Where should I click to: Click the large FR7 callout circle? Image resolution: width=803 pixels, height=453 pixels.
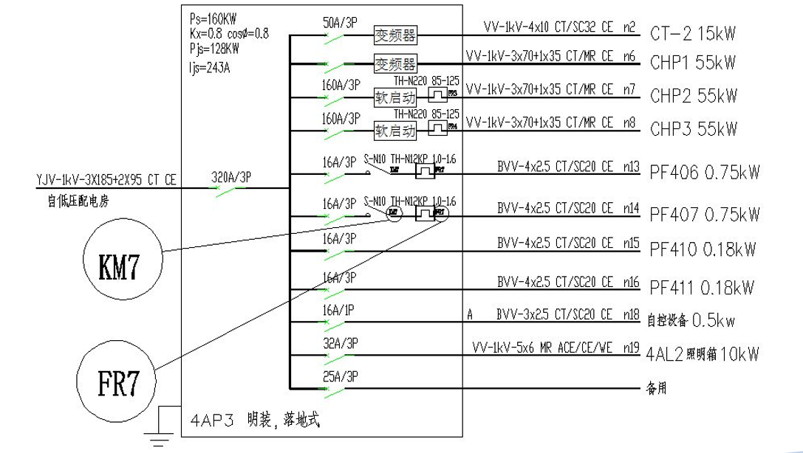click(118, 384)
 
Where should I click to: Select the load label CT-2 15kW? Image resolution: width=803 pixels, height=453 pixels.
click(693, 34)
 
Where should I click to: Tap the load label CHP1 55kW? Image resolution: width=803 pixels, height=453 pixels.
click(693, 64)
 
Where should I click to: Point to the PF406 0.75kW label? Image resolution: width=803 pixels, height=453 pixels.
click(703, 174)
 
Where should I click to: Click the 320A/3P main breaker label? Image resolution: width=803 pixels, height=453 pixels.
click(231, 176)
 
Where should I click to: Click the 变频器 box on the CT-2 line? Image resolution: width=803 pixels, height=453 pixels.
click(395, 35)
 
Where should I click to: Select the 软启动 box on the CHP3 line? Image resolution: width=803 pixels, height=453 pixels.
click(395, 131)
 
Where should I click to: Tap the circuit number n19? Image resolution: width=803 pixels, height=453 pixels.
click(630, 347)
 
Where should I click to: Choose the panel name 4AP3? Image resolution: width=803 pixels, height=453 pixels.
click(212, 421)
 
